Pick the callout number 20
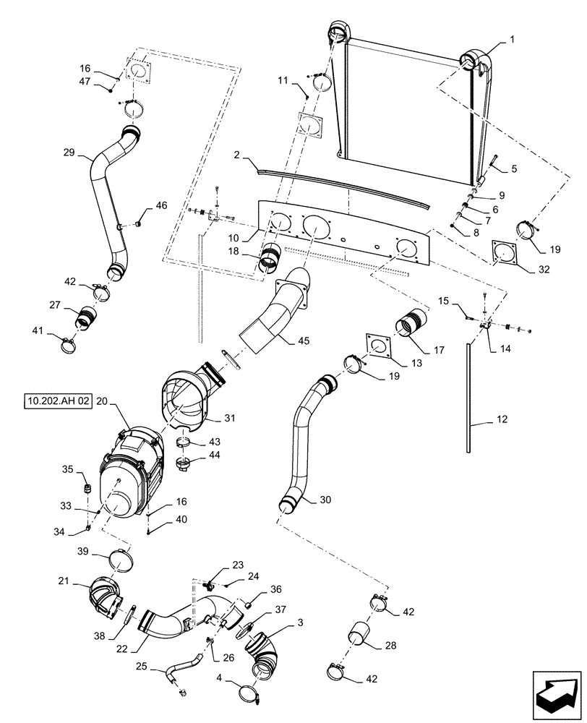point(101,401)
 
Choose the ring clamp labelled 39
point(121,560)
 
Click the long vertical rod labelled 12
point(468,398)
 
